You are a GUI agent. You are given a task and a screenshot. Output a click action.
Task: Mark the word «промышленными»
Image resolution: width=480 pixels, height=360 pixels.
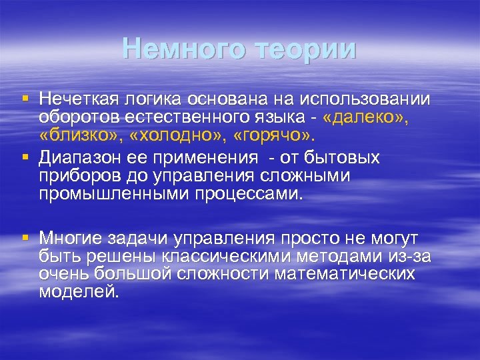(x=115, y=194)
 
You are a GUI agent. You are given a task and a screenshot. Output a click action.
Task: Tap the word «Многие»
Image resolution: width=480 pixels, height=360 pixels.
(x=71, y=238)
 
